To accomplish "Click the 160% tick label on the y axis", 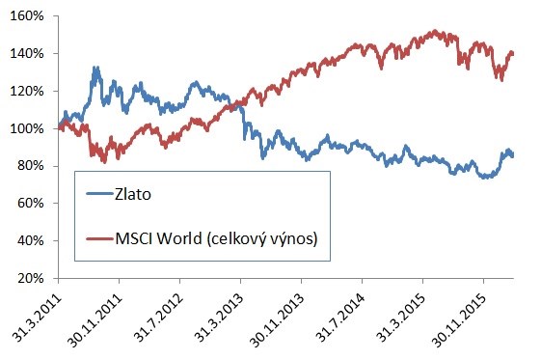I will pyautogui.click(x=25, y=16).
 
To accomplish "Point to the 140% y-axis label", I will pyautogui.click(x=25, y=54).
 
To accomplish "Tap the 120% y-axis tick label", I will pyautogui.click(x=25, y=92).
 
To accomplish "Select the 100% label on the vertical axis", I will pyautogui.click(x=25, y=128).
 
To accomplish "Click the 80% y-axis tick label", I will pyautogui.click(x=28, y=166).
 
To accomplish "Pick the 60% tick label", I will pyautogui.click(x=28, y=204).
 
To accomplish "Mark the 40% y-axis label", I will pyautogui.click(x=28, y=240).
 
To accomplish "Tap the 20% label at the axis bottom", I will pyautogui.click(x=28, y=278).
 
